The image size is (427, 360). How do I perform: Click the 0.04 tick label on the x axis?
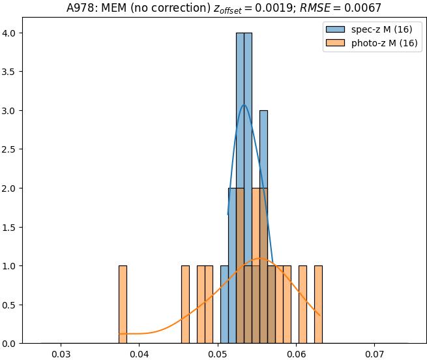pyautogui.click(x=140, y=353)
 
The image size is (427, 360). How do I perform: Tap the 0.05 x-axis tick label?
pyautogui.click(x=218, y=353)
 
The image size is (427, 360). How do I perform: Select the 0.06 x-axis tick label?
pyautogui.click(x=297, y=353)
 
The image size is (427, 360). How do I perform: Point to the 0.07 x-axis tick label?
pyautogui.click(x=375, y=353)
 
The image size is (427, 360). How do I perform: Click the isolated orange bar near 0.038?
pyautogui.click(x=123, y=304)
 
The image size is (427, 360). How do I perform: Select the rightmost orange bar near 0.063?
pyautogui.click(x=318, y=304)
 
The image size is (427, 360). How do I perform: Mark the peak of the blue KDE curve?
pyautogui.click(x=244, y=104)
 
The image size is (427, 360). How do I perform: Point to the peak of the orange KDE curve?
pyautogui.click(x=260, y=258)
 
